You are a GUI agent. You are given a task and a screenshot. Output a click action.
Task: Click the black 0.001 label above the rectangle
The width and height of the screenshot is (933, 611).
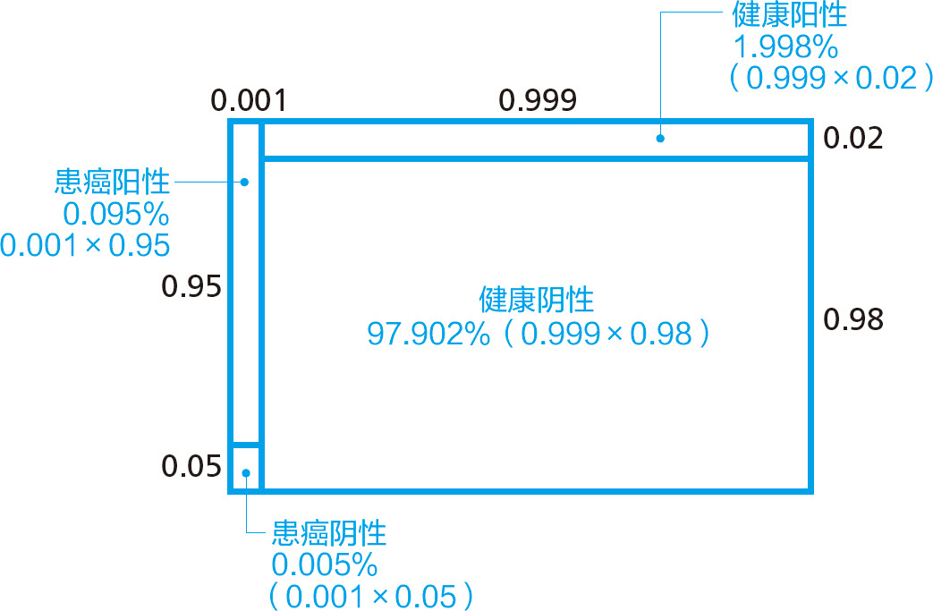[x=248, y=100]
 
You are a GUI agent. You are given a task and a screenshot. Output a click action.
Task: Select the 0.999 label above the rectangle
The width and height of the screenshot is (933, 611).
[x=537, y=100]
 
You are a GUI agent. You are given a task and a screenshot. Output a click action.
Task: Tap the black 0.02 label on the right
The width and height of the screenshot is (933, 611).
[x=852, y=139]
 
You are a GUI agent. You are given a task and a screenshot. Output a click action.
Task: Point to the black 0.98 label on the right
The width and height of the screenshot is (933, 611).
[x=853, y=319]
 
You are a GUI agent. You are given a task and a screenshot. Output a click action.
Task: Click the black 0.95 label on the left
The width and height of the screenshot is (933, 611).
[x=191, y=287]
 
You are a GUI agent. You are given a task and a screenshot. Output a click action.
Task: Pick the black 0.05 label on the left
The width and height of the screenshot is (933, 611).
[x=191, y=466]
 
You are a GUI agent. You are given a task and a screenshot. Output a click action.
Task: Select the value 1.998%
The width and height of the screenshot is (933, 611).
[x=785, y=47]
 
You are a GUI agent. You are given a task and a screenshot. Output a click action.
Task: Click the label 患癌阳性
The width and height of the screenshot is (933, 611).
[x=112, y=182]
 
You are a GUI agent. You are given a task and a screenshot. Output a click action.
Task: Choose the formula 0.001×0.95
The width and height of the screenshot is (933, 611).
[x=86, y=245]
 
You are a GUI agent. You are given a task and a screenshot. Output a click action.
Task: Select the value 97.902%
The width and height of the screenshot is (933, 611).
[x=429, y=334]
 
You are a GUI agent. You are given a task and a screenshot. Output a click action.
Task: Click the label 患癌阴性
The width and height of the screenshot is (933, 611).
[x=328, y=534]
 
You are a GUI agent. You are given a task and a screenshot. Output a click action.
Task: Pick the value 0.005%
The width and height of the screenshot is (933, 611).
[x=325, y=565]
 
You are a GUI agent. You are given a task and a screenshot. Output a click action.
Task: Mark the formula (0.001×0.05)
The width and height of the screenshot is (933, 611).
[x=369, y=597]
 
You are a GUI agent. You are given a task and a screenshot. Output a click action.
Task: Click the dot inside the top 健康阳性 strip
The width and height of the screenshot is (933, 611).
[x=660, y=138]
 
